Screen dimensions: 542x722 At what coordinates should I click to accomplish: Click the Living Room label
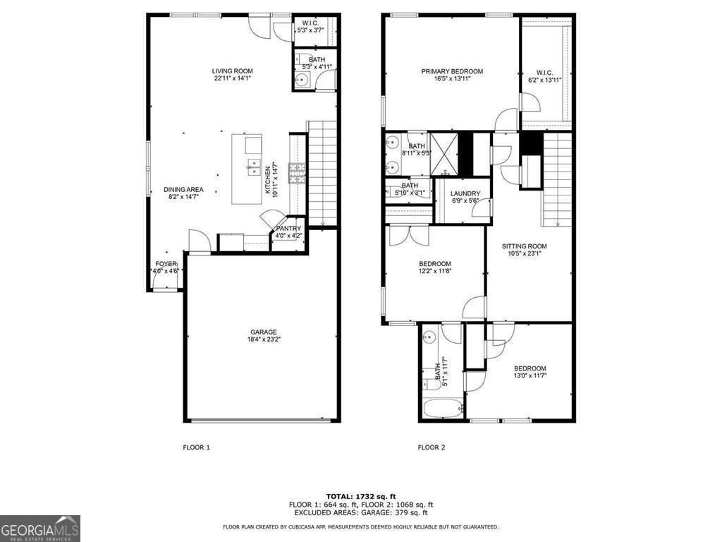tap(233, 75)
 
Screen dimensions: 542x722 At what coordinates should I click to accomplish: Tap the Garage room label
tap(263, 336)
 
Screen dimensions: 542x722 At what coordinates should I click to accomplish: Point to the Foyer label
tap(166, 267)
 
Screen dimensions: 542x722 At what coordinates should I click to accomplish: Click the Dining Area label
tap(183, 193)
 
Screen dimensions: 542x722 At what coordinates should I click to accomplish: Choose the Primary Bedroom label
tap(452, 75)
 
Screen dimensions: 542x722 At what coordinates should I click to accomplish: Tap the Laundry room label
tap(465, 198)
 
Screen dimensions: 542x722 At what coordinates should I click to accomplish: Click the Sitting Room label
tap(524, 251)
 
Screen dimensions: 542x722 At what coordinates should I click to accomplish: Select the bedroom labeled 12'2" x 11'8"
tap(435, 267)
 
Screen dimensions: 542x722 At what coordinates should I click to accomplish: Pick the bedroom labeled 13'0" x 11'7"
tap(530, 372)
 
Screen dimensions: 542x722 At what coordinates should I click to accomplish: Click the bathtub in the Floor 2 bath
tap(441, 409)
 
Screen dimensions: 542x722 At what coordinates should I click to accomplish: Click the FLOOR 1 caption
tap(197, 447)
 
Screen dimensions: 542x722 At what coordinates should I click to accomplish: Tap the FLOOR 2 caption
tap(432, 447)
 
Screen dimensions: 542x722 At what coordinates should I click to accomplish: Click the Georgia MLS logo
tap(40, 529)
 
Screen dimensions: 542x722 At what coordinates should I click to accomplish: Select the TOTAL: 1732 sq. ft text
tap(360, 496)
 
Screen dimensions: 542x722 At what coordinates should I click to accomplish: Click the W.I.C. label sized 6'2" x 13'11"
tap(544, 77)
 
